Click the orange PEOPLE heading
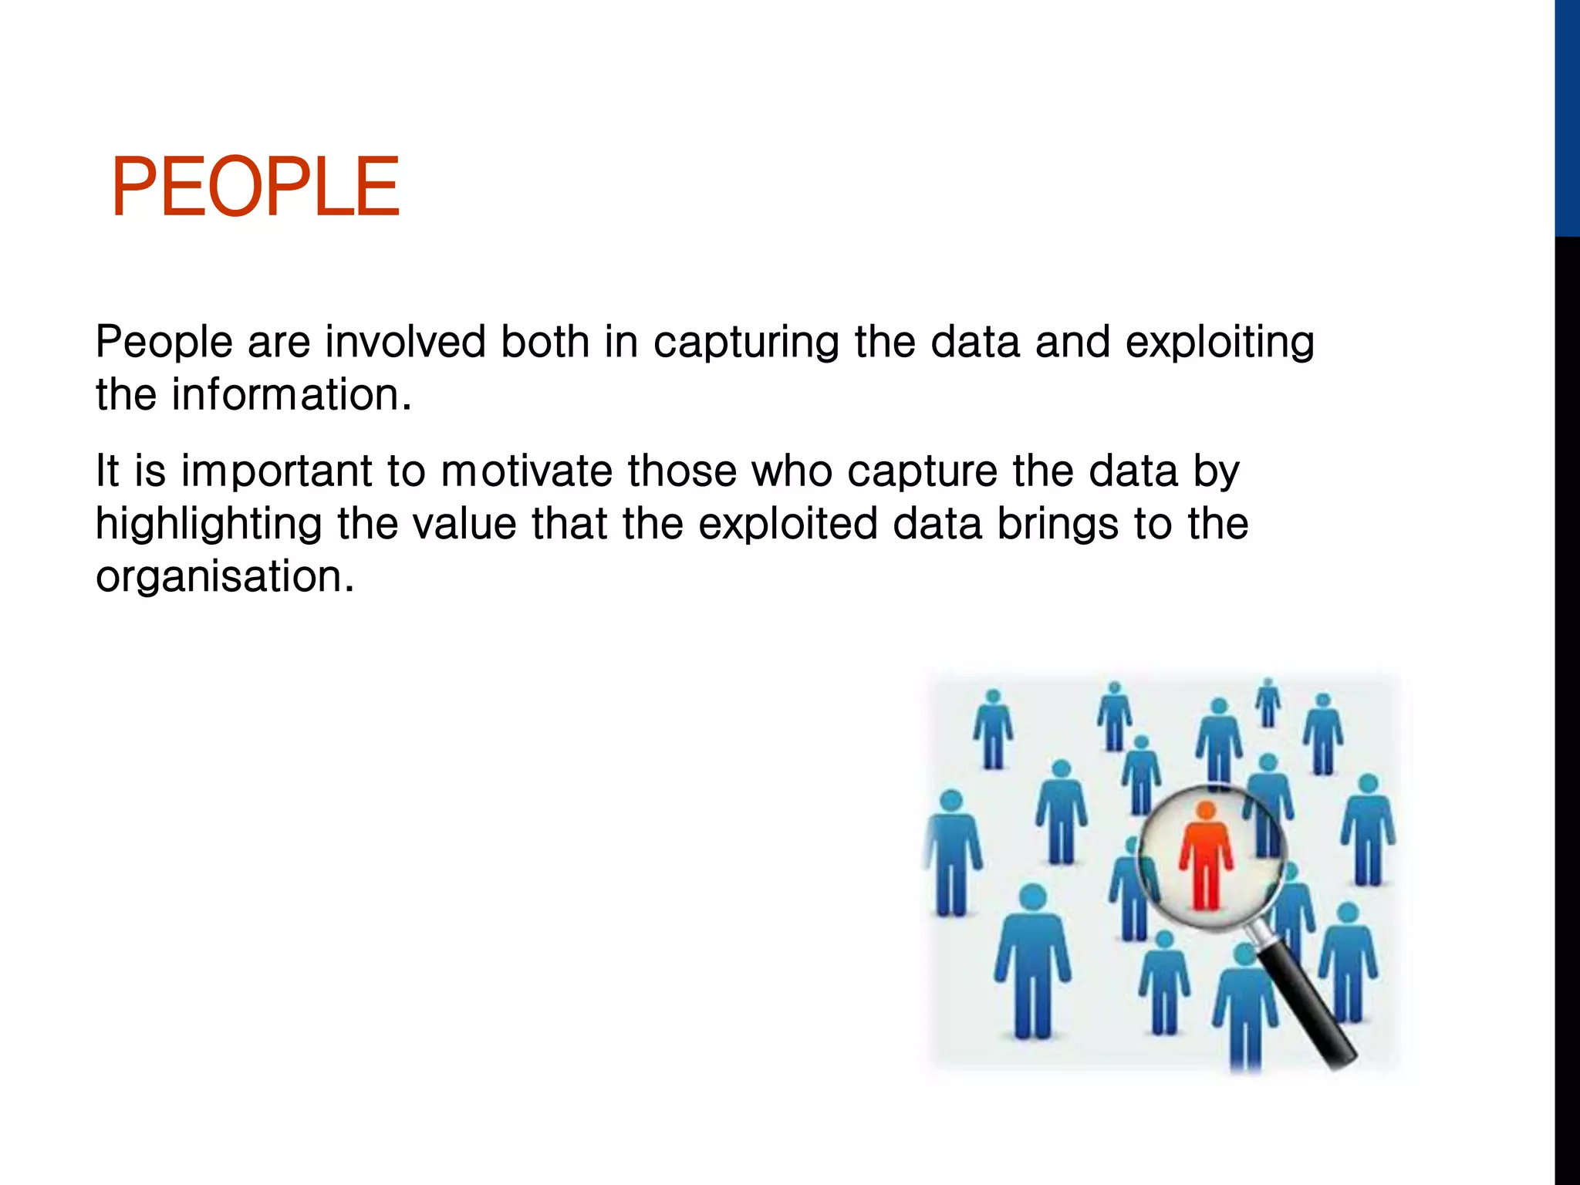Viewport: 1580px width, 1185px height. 255,187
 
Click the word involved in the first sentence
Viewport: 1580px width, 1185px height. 405,342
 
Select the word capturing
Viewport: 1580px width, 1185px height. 745,343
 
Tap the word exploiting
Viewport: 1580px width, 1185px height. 1220,343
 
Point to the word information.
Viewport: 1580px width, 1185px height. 291,395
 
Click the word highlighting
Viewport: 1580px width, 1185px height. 208,525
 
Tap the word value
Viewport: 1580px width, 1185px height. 464,524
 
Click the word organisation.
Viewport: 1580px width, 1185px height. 224,576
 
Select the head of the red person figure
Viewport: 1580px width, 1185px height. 1206,810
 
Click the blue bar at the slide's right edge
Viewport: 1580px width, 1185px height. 1567,116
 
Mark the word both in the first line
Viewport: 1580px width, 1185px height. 545,342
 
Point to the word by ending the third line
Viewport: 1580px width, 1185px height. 1216,472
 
